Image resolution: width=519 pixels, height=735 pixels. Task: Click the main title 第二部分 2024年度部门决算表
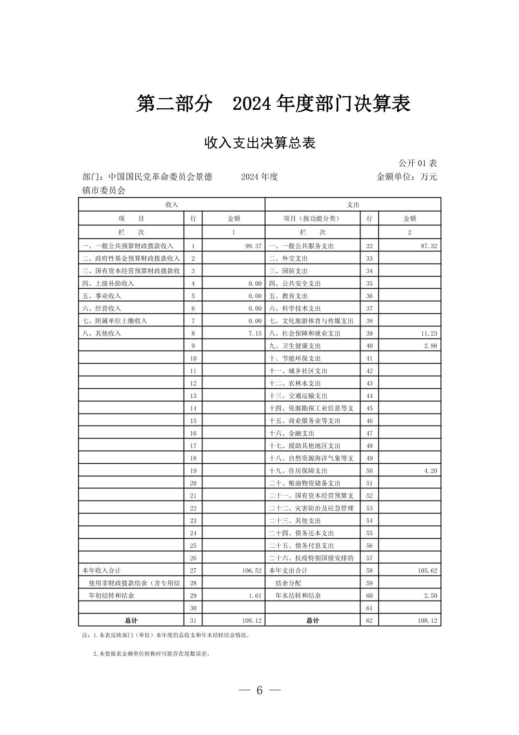pos(273,103)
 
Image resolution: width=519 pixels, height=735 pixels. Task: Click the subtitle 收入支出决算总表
pos(260,143)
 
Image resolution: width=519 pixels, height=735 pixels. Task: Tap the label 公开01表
pos(418,163)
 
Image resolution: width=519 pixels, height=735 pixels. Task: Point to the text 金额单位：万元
pos(406,176)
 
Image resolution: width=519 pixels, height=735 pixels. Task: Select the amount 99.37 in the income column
pos(253,246)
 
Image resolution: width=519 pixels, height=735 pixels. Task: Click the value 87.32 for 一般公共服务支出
pos(429,246)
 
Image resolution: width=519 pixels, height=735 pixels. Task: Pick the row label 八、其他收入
pos(101,333)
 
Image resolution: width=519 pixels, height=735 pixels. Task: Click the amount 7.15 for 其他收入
pos(255,333)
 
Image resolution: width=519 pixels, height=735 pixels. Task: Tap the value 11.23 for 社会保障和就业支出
pos(429,333)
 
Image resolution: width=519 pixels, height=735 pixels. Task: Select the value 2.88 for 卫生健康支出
pos(431,346)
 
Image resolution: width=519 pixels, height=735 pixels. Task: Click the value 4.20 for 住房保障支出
pos(431,470)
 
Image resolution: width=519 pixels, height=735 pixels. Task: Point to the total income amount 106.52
pos(251,571)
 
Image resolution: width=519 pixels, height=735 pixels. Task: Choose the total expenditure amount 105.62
pos(427,571)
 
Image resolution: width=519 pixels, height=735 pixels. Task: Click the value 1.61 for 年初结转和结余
pos(255,596)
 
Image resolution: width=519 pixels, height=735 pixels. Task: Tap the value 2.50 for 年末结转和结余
pos(431,596)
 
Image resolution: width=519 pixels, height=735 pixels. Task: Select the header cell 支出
pos(353,205)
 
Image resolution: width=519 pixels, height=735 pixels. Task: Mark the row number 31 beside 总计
pos(193,620)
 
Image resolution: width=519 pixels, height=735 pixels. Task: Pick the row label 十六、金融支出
pos(291,433)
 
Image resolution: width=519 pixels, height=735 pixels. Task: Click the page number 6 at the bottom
pos(259,691)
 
